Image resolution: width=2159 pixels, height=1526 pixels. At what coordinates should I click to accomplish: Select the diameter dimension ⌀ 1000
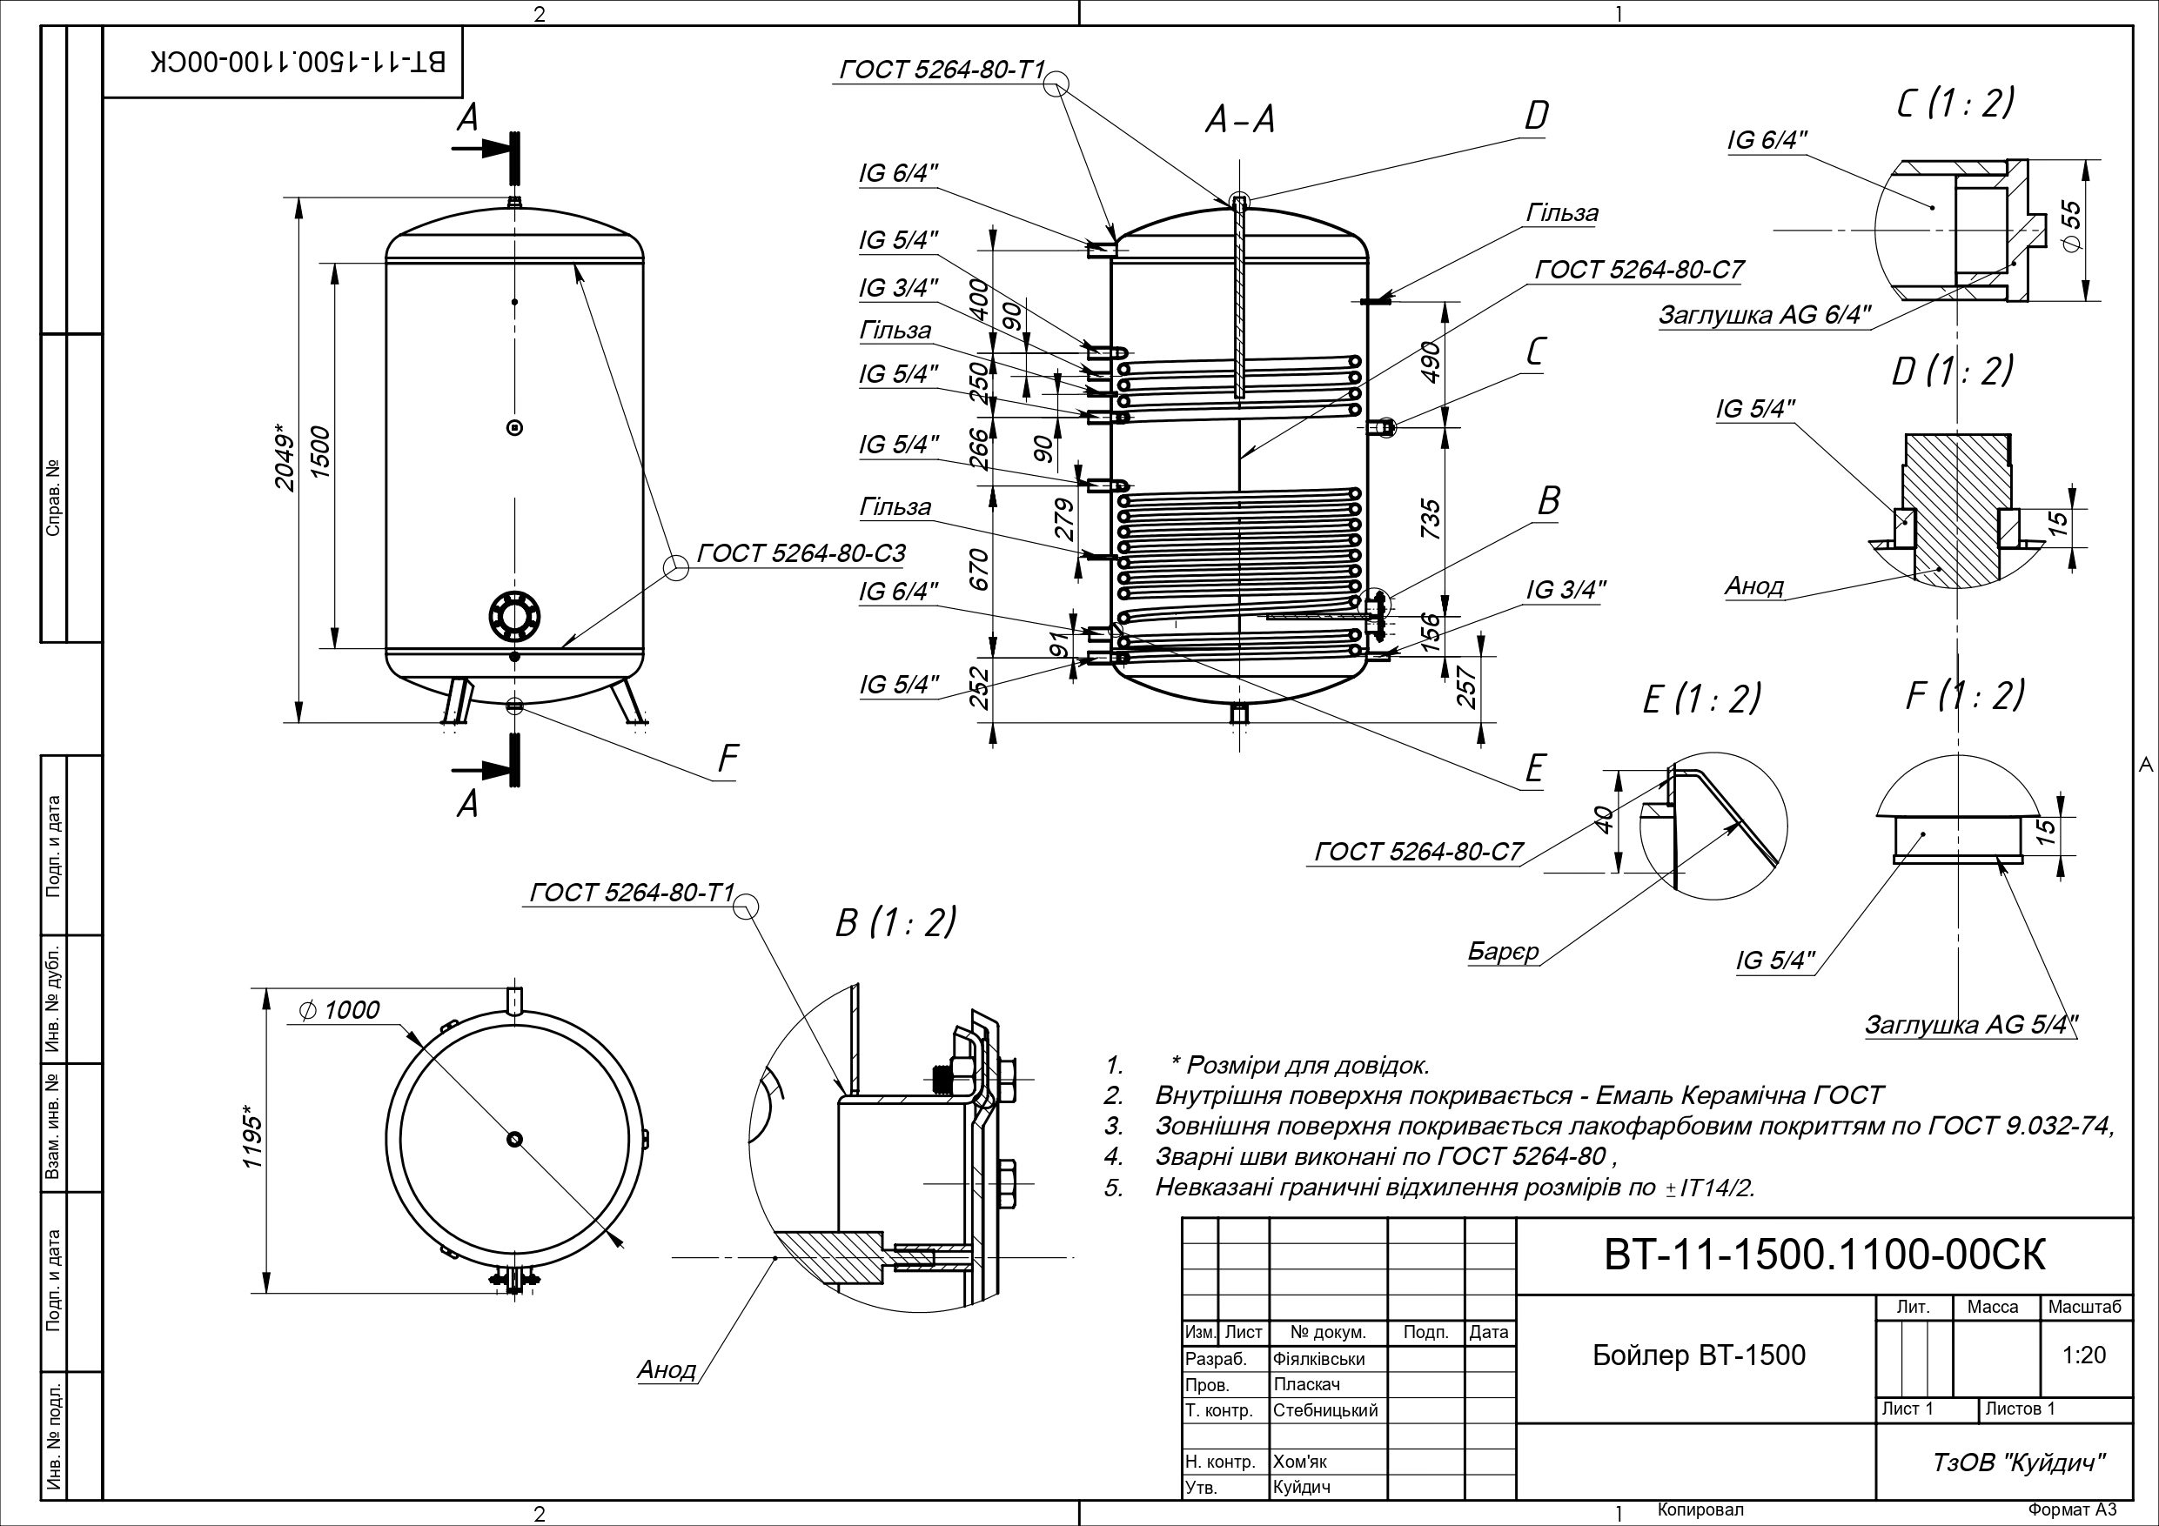tap(339, 1010)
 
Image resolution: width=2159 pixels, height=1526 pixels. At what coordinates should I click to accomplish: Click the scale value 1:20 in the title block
tap(2084, 1355)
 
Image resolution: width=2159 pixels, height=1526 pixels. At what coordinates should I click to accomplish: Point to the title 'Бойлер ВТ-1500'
tap(1699, 1355)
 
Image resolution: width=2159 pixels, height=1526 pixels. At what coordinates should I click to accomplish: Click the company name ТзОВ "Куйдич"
tap(2018, 1463)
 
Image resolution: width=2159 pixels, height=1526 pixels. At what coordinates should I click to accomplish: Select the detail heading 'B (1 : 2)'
tap(895, 922)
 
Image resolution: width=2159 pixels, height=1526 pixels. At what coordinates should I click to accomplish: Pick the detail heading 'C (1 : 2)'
tap(1955, 103)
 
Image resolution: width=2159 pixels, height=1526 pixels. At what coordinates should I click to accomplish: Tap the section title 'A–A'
tap(1240, 120)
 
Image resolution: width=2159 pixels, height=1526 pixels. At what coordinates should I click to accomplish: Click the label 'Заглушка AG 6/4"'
tap(1764, 315)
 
